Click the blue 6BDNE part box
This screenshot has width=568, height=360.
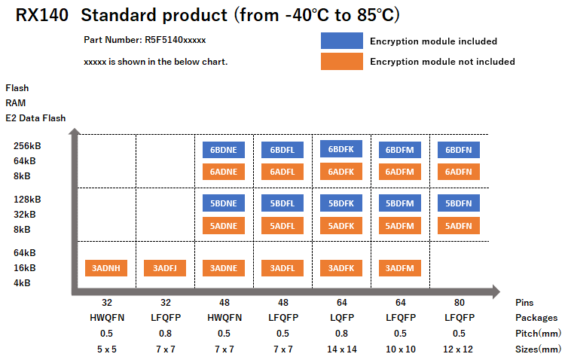point(224,150)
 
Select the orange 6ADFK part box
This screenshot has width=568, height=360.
point(340,172)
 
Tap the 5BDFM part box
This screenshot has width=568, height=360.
point(399,203)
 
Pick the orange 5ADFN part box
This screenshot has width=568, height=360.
point(459,225)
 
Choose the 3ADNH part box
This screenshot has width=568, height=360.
point(105,267)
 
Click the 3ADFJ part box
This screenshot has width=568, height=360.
point(164,267)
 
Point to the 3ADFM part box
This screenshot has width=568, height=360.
point(399,267)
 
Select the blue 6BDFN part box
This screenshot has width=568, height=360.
point(459,150)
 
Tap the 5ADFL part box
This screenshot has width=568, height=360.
point(282,225)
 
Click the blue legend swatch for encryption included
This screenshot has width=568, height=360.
point(340,41)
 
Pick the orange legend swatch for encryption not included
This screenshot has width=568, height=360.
point(340,61)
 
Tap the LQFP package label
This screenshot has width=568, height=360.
point(340,317)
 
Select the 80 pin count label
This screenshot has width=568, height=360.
point(459,302)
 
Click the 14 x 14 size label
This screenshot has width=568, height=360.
point(340,349)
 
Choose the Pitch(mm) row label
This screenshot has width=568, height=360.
point(539,333)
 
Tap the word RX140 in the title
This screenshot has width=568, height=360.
point(41,15)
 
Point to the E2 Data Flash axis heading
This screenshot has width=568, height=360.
point(35,117)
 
